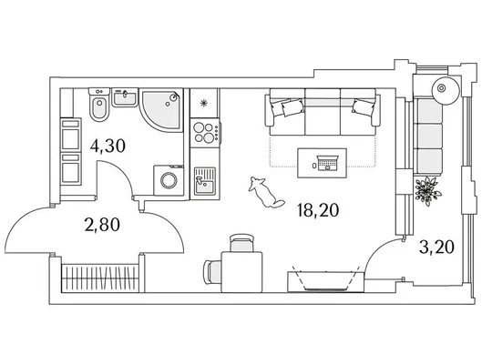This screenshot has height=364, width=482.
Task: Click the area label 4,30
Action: [x=108, y=146]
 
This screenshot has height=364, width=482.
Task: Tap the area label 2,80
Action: [x=102, y=225]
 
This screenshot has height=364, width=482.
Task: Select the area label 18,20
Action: [x=318, y=210]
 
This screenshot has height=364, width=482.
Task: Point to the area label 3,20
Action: [x=436, y=247]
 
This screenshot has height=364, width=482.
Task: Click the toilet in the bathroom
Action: [x=99, y=105]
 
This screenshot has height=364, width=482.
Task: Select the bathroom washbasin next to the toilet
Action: [x=125, y=97]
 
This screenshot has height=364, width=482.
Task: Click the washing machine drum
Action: [x=169, y=180]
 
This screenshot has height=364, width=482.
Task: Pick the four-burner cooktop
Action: [x=205, y=132]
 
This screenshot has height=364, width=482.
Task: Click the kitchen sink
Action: [x=205, y=182]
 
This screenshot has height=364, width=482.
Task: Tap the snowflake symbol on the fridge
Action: [x=203, y=103]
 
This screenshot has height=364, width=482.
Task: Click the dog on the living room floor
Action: [x=265, y=192]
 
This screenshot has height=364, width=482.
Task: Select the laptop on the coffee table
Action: [x=328, y=163]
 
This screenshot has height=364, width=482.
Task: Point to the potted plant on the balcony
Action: [x=426, y=190]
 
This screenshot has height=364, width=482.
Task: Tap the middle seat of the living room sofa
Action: [x=323, y=112]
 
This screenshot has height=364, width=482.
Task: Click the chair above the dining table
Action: [x=242, y=243]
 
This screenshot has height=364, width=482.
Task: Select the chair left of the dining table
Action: [x=212, y=271]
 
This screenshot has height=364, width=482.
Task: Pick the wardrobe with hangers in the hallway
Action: [x=99, y=278]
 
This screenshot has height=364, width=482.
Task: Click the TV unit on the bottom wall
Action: [x=326, y=281]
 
